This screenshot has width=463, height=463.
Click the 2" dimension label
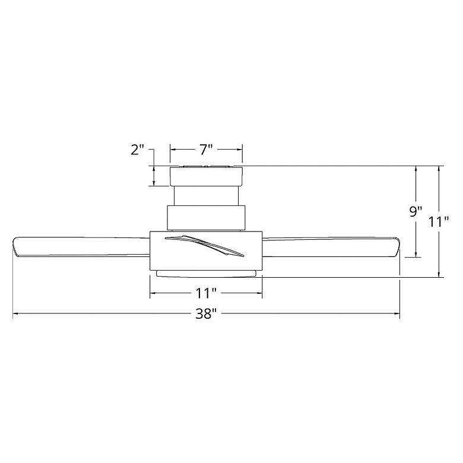point(138,150)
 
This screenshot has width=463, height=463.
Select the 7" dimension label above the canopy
point(206,150)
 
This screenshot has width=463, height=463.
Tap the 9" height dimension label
point(416,211)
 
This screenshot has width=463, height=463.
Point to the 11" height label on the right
point(439,222)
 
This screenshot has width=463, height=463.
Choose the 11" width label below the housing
point(206,293)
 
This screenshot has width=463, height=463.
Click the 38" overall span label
point(206,315)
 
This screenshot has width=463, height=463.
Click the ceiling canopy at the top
point(206,176)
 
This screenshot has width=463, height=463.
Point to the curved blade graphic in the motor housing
point(205,245)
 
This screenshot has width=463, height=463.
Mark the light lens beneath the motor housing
point(206,273)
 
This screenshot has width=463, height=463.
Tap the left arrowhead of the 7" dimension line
point(173,150)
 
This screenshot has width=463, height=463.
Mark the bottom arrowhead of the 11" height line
point(439,274)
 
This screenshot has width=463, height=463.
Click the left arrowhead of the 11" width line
point(153,293)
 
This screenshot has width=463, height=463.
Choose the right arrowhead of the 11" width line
point(259,293)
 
